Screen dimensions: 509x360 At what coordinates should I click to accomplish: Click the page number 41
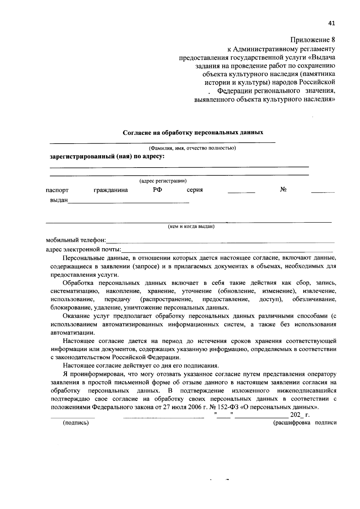[331, 23]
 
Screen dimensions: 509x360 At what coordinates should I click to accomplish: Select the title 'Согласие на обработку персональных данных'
[193, 132]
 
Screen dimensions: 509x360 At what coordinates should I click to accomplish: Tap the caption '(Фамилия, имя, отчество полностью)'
[192, 148]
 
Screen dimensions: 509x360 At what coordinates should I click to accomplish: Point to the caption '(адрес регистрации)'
[163, 181]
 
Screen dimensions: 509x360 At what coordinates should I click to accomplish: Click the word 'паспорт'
[57, 190]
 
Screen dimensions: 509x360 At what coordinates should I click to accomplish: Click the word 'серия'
[194, 190]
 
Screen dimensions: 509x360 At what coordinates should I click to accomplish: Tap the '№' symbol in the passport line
[283, 189]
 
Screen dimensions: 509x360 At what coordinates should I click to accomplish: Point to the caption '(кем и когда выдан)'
[191, 227]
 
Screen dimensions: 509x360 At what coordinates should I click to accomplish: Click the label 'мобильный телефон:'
[76, 240]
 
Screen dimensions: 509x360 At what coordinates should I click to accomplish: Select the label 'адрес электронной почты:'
[83, 249]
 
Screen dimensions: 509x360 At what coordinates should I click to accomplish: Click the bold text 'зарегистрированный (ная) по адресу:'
[107, 157]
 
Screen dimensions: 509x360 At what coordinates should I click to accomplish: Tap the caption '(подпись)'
[76, 423]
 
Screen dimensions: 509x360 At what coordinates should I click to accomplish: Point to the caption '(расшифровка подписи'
[304, 423]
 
